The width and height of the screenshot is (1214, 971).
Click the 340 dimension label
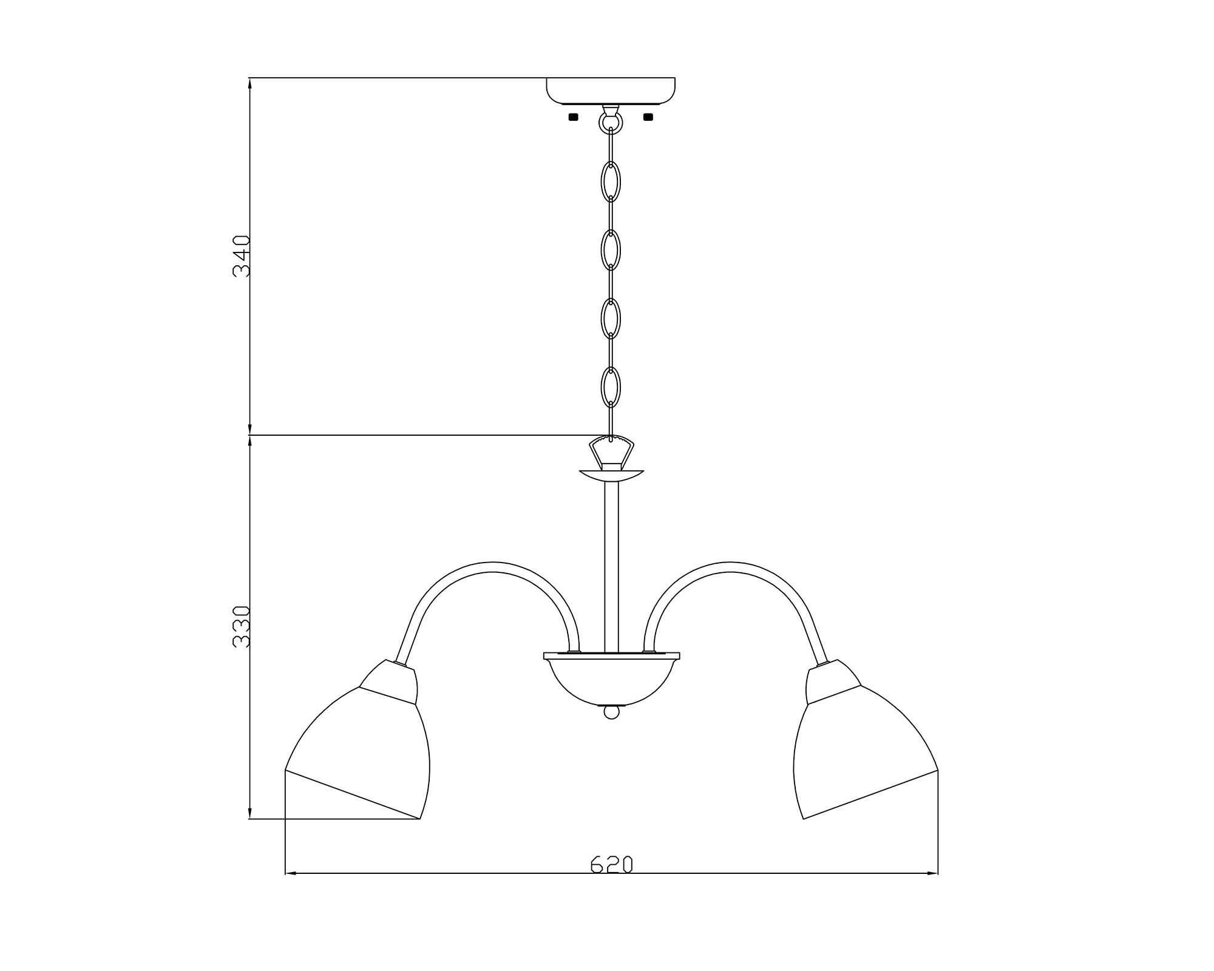tap(241, 256)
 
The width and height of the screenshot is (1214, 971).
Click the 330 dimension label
tap(241, 627)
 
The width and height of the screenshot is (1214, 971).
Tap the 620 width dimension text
tap(612, 864)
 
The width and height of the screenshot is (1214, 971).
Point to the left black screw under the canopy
tap(573, 117)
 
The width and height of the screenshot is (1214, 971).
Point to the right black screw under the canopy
tap(648, 117)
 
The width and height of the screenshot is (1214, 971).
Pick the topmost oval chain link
tap(611, 181)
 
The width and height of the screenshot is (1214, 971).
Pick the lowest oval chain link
tap(611, 387)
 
